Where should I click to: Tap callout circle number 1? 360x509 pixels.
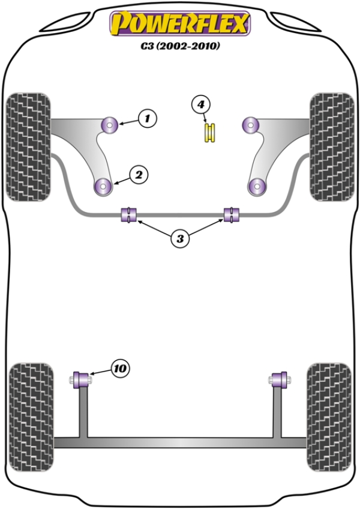148,118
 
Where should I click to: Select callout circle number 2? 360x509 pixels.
139,175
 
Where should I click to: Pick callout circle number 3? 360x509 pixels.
179,239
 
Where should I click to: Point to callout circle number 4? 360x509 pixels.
202,104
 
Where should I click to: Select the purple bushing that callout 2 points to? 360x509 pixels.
104,187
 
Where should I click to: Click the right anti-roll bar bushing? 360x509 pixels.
231,214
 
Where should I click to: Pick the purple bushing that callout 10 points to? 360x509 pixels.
81,379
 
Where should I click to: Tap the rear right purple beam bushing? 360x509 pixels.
278,379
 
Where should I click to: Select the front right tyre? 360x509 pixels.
331,147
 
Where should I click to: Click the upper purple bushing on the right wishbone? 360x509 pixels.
250,125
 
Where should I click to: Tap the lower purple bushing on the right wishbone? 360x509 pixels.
257,187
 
